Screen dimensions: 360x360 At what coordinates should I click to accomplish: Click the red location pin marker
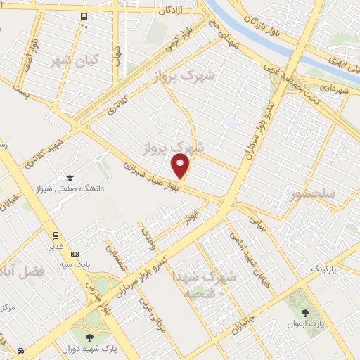181,166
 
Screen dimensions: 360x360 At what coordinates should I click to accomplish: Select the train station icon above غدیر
54,236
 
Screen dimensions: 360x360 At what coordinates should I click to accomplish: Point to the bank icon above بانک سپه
75,253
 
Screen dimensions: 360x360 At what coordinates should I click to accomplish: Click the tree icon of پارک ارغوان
304,314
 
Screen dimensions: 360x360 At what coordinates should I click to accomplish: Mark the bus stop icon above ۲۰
84,16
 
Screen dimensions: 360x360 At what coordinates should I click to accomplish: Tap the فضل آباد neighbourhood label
24,270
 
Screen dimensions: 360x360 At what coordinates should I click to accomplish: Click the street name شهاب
117,55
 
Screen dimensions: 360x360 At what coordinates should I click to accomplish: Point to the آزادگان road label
170,11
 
